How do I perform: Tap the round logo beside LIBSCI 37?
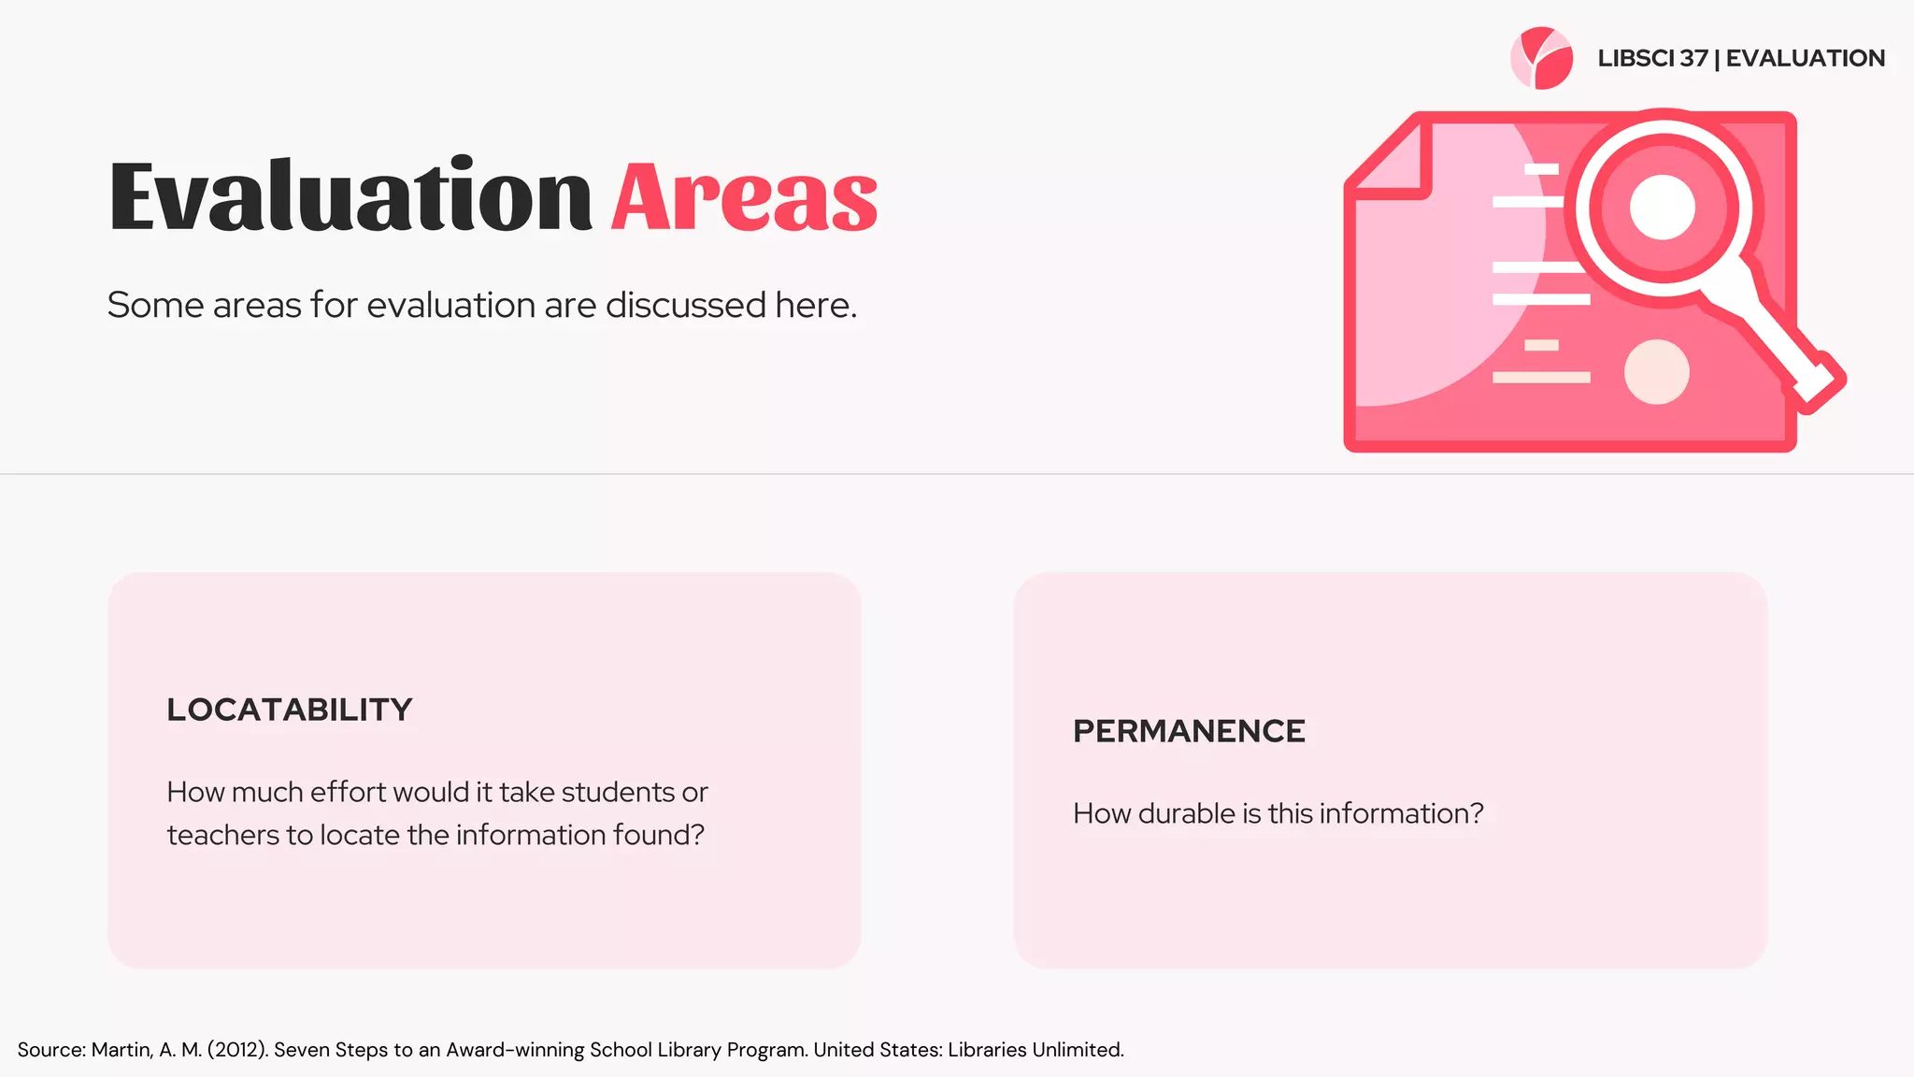1541,58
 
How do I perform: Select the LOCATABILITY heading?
290,710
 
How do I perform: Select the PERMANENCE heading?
1189,731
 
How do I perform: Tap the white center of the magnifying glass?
1662,207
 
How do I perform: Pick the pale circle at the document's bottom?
1656,372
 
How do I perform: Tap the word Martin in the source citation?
121,1050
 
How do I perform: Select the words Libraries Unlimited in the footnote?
1035,1050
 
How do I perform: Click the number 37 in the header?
1693,58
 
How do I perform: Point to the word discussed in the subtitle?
686,305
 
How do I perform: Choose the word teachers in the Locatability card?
222,835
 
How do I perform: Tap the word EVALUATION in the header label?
1805,58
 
